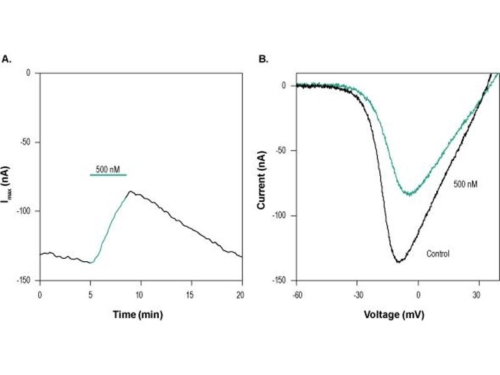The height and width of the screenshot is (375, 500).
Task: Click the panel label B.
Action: tap(264, 59)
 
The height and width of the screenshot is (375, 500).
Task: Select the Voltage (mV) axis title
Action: tap(394, 314)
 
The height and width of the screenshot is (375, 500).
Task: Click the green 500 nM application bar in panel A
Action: tap(108, 175)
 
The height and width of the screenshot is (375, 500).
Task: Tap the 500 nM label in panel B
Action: tap(466, 184)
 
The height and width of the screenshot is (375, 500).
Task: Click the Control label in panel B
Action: tap(438, 254)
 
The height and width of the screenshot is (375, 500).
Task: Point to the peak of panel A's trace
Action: tap(130, 191)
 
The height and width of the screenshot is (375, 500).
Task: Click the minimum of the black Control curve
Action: tap(397, 262)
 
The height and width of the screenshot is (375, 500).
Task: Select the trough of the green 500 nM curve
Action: tap(409, 194)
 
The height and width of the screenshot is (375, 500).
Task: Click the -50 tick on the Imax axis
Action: tap(27, 142)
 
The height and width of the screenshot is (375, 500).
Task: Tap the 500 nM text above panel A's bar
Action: tap(107, 169)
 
